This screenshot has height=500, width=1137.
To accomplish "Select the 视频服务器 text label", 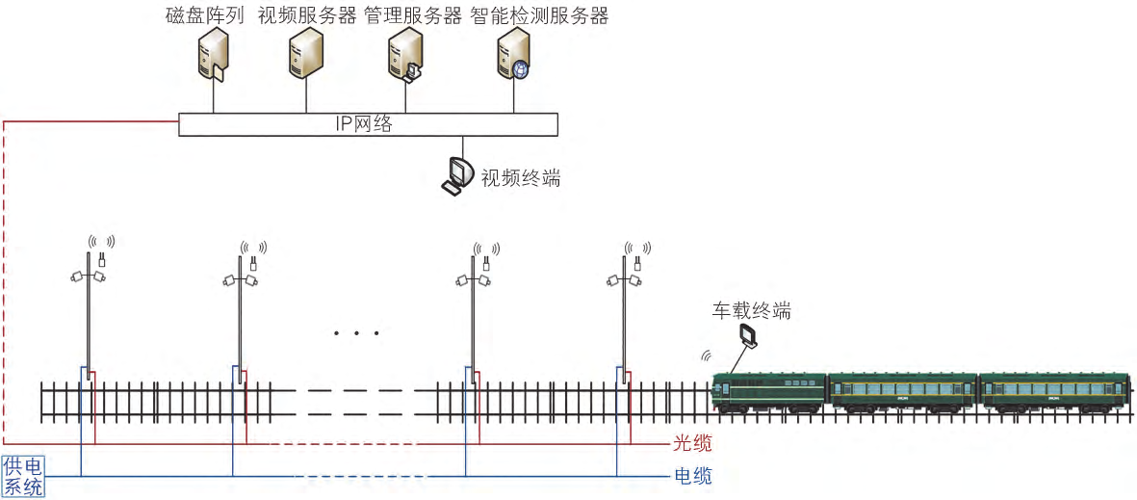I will point(308,15).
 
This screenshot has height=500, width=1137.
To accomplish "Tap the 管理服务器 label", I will point(413,15).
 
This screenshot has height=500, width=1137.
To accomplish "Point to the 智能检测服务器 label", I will point(539,15).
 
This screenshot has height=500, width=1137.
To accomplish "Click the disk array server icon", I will point(212,55).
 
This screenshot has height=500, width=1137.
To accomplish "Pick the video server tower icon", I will point(306,53).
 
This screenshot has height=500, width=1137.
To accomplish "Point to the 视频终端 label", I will point(520,178).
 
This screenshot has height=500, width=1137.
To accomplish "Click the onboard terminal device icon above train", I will point(748,335).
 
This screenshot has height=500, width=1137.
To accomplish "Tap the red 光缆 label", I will point(692,444).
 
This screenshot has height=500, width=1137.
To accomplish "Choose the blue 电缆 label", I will point(692,475).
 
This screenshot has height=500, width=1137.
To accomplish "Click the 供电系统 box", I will point(23,477).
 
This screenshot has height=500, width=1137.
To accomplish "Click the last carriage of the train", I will point(1054,392).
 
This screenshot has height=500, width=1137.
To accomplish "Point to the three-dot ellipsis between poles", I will point(356,333).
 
